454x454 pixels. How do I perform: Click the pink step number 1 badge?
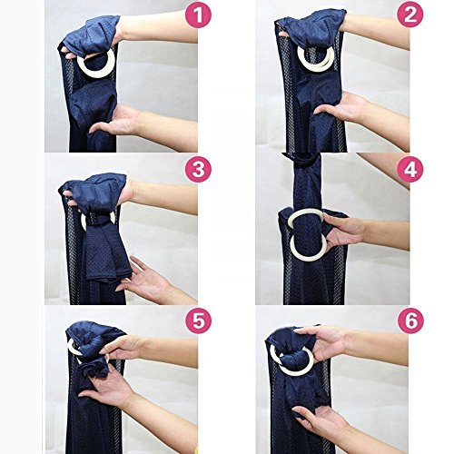(198, 15)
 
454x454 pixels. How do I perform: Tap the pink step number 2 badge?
(410, 15)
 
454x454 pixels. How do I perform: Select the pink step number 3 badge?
(198, 169)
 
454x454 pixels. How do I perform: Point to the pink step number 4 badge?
(410, 169)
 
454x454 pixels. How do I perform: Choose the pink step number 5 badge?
(198, 321)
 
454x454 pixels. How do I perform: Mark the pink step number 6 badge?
(410, 321)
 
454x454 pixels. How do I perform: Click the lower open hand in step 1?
(116, 121)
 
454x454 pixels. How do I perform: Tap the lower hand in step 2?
(343, 107)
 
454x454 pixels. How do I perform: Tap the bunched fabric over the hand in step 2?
(311, 30)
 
